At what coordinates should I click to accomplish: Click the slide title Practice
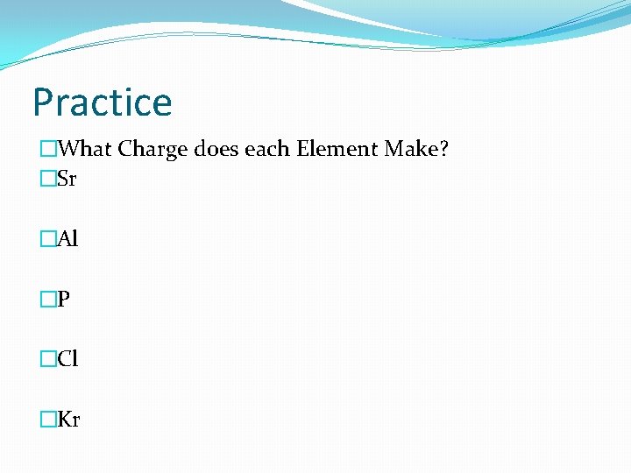coord(102,102)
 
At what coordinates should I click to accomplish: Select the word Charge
coord(153,150)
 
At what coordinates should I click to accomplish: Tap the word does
coord(216,150)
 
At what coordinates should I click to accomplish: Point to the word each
coord(267,150)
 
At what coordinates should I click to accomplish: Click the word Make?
coord(416,150)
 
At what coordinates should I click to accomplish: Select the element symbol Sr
coord(67,180)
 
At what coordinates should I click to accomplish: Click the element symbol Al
coord(67,239)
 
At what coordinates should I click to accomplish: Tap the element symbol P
coord(63,300)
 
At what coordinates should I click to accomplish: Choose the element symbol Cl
coord(67,359)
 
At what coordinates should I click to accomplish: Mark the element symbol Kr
coord(68,420)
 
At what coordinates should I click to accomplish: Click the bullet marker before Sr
coord(47,180)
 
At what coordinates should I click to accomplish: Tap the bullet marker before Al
coord(47,239)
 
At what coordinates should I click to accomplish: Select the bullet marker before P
coord(47,300)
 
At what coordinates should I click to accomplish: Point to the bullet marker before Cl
coord(47,359)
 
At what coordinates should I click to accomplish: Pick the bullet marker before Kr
coord(47,420)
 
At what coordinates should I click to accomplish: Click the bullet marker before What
coord(47,150)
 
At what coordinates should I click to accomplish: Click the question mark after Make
coord(443,150)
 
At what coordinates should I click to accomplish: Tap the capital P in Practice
coord(44,102)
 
